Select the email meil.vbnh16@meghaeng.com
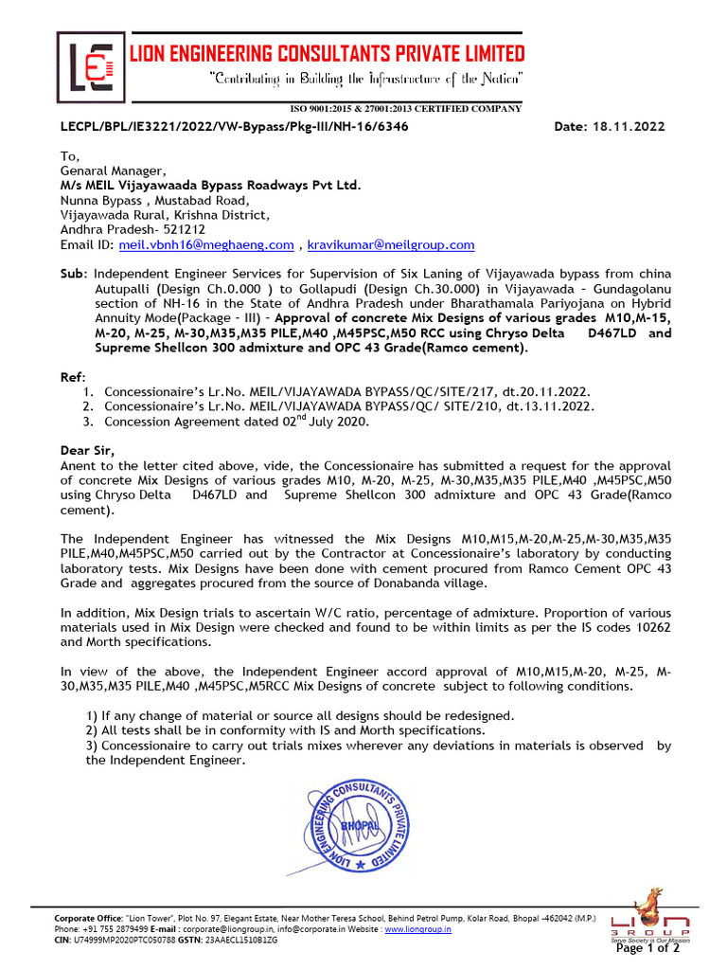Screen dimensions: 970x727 [x=206, y=245]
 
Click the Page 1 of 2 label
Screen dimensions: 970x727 [x=647, y=948]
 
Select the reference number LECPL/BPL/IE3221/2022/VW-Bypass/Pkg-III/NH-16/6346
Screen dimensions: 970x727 [x=235, y=127]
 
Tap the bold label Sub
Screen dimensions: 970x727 [x=72, y=273]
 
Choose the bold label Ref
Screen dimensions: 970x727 [x=72, y=376]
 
